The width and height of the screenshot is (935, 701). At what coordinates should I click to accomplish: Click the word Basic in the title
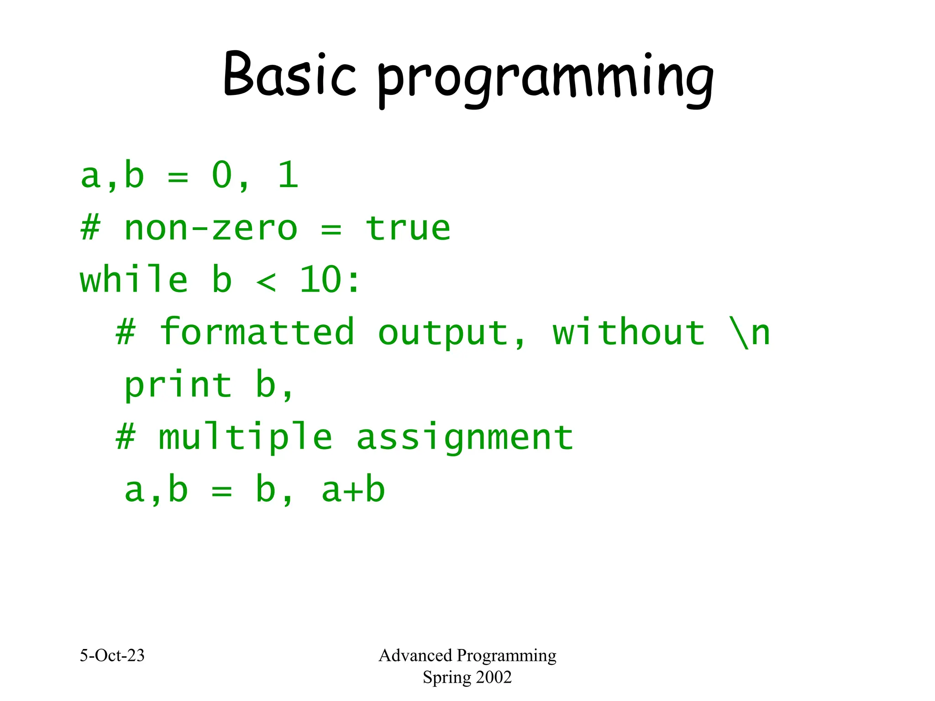pos(289,75)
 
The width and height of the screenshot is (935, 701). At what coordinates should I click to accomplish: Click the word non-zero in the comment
pos(210,228)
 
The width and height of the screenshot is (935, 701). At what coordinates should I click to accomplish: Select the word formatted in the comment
pos(257,332)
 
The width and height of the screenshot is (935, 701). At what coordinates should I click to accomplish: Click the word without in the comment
pos(629,332)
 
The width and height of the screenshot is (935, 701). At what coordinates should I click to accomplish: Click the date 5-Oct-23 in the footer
pos(112,655)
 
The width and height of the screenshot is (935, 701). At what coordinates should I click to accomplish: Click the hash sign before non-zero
pos(90,228)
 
